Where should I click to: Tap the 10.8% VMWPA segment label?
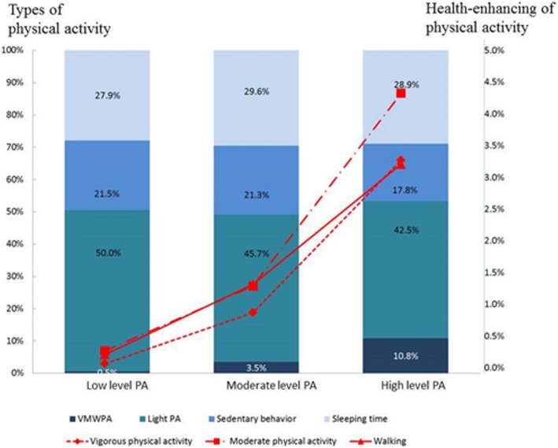tap(401, 356)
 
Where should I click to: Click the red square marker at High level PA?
tap(401, 93)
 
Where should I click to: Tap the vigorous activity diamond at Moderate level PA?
tap(253, 313)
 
